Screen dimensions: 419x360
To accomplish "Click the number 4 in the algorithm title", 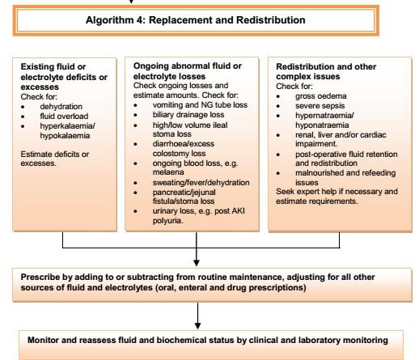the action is click(140, 20).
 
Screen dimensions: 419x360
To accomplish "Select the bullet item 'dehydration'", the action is click(61, 107).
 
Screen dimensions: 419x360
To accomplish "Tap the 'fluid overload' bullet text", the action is click(64, 116).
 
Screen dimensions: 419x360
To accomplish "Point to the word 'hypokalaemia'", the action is click(65, 135).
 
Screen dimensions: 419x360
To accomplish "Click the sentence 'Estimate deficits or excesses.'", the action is click(55, 159).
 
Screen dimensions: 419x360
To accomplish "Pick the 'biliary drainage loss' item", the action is click(188, 115).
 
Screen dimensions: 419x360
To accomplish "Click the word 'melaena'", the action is click(168, 172).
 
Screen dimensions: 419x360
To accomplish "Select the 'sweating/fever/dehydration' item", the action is click(201, 183).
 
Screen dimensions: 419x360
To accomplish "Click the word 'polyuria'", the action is click(167, 221).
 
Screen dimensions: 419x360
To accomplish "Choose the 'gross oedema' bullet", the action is click(321, 96).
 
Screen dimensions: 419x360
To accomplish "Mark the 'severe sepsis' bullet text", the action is click(320, 106).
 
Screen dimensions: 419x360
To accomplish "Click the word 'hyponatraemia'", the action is click(322, 125).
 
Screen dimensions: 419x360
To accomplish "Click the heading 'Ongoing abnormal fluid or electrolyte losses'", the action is click(188, 71).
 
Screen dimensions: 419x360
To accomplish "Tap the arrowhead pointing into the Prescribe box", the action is click(197, 263).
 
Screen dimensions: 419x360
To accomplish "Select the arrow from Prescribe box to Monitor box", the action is click(197, 316).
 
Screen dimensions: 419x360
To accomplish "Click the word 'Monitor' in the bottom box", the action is click(43, 340).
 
